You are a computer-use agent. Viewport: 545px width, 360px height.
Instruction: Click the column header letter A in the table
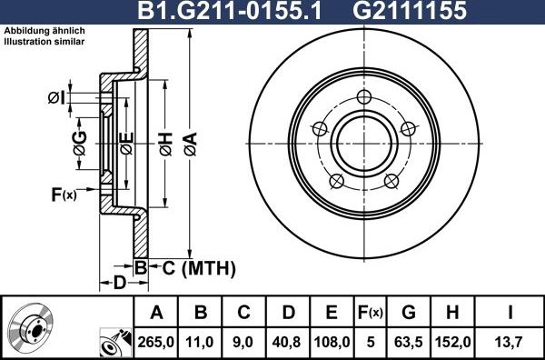click(x=156, y=314)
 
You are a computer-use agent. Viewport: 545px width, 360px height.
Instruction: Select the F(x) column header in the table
click(x=371, y=314)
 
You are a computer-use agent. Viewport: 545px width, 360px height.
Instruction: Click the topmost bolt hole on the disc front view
click(x=364, y=98)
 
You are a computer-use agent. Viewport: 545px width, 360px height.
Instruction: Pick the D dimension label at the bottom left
click(x=119, y=283)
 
